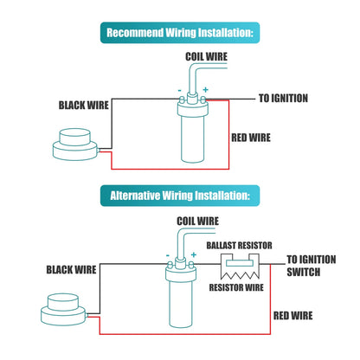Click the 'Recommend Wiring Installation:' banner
(180, 33)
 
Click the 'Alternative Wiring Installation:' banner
(180, 196)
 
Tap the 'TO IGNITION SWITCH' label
(312, 266)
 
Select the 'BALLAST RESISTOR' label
(239, 246)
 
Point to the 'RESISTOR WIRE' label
(236, 287)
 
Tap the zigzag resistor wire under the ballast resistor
(240, 275)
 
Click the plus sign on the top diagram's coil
(205, 90)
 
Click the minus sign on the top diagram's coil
(180, 91)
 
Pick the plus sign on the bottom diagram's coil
(194, 254)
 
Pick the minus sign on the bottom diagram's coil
(168, 255)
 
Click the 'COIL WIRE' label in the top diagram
(206, 56)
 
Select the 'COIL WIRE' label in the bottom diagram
(197, 222)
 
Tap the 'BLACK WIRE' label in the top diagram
(84, 106)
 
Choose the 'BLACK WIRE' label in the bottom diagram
(71, 270)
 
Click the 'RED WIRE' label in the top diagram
(251, 138)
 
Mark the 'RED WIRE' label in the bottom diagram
(292, 316)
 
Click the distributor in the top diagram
(75, 145)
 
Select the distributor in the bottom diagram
(63, 310)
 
